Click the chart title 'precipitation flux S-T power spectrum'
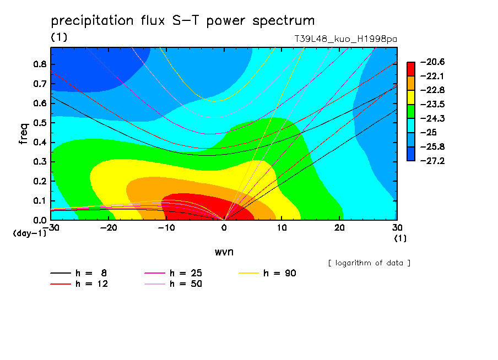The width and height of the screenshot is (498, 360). click(183, 21)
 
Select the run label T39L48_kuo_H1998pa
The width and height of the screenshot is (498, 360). click(345, 39)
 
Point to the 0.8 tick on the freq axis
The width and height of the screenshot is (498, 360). click(40, 64)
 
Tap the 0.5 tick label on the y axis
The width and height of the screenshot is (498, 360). click(40, 123)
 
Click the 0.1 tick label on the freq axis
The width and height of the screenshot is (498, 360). click(40, 201)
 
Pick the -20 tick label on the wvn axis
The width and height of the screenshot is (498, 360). click(109, 228)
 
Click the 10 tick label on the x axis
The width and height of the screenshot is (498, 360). click(282, 228)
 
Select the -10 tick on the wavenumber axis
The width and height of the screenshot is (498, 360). click(166, 228)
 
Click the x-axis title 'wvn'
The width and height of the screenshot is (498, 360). click(224, 252)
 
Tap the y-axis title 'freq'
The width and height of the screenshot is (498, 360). click(24, 134)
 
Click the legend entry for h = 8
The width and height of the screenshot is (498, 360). click(78, 273)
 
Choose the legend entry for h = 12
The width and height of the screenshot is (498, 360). click(79, 283)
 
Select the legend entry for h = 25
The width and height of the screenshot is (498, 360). click(173, 273)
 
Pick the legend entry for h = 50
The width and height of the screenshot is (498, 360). click(173, 283)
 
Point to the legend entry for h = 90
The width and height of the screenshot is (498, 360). click(267, 273)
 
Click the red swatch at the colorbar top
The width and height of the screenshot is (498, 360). click(411, 69)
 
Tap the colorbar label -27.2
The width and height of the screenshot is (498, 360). click(432, 161)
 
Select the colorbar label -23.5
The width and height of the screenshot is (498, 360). click(432, 105)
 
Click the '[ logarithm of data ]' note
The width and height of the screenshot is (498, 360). click(370, 263)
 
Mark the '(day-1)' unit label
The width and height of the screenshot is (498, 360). click(30, 233)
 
